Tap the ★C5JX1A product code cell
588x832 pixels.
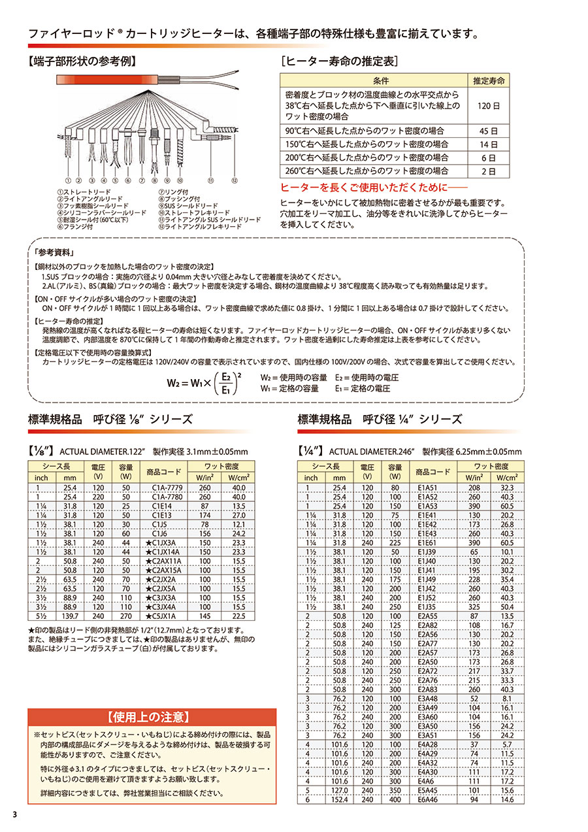tap(161, 615)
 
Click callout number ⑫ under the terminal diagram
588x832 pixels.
tap(235, 178)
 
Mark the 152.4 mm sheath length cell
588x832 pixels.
tap(339, 799)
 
